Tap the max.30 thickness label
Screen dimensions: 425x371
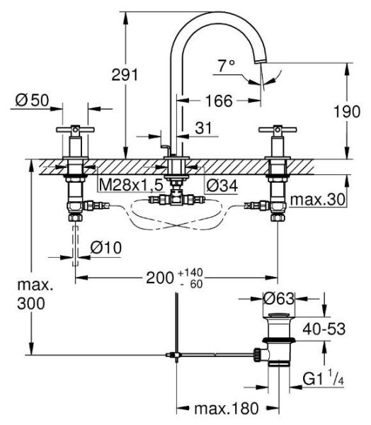pos(319,200)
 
